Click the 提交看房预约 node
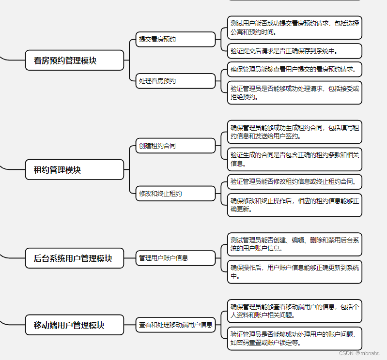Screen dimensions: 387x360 [175, 39]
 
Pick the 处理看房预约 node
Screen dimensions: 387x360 [175, 81]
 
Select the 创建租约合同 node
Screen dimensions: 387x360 [175, 145]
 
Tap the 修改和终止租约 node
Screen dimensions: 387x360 [175, 193]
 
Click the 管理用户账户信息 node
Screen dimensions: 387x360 [175, 258]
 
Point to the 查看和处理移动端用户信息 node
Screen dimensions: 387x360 [175, 325]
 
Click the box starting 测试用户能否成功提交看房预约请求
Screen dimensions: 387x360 [294, 28]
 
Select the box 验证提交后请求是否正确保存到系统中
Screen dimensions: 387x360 [294, 51]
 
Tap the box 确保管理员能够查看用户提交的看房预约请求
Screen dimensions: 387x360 [294, 69]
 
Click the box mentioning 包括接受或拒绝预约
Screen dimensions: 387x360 [294, 92]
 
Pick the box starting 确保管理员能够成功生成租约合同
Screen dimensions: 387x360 [294, 132]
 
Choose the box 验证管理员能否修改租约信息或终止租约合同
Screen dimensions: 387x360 [294, 181]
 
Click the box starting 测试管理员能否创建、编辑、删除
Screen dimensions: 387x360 [294, 244]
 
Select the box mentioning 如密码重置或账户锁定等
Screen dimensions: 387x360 [294, 339]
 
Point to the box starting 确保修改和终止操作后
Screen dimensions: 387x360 [294, 205]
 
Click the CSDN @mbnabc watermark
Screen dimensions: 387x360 [360, 354]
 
